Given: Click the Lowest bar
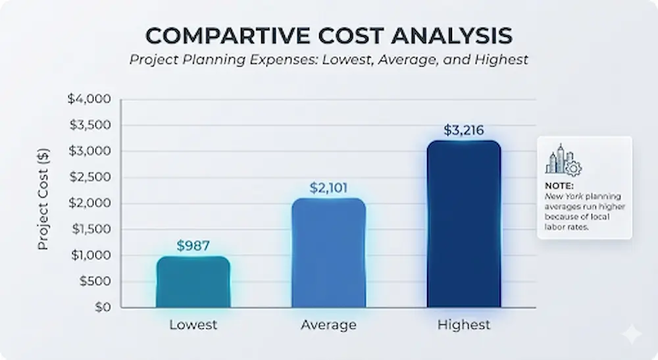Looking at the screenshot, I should [x=193, y=282].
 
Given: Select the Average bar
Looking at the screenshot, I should [x=328, y=253].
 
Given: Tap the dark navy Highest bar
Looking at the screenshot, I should [x=464, y=224].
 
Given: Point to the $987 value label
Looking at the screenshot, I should [x=193, y=246].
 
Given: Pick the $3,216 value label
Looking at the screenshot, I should [x=464, y=130].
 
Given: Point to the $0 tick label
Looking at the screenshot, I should [x=100, y=307].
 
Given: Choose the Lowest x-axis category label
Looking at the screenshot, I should [x=193, y=325].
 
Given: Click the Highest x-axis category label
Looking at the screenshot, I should [x=464, y=325].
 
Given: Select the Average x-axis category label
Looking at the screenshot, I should [x=328, y=325].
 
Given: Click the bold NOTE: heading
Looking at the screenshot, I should [x=559, y=186].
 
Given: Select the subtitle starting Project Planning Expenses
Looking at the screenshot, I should [x=328, y=60].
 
